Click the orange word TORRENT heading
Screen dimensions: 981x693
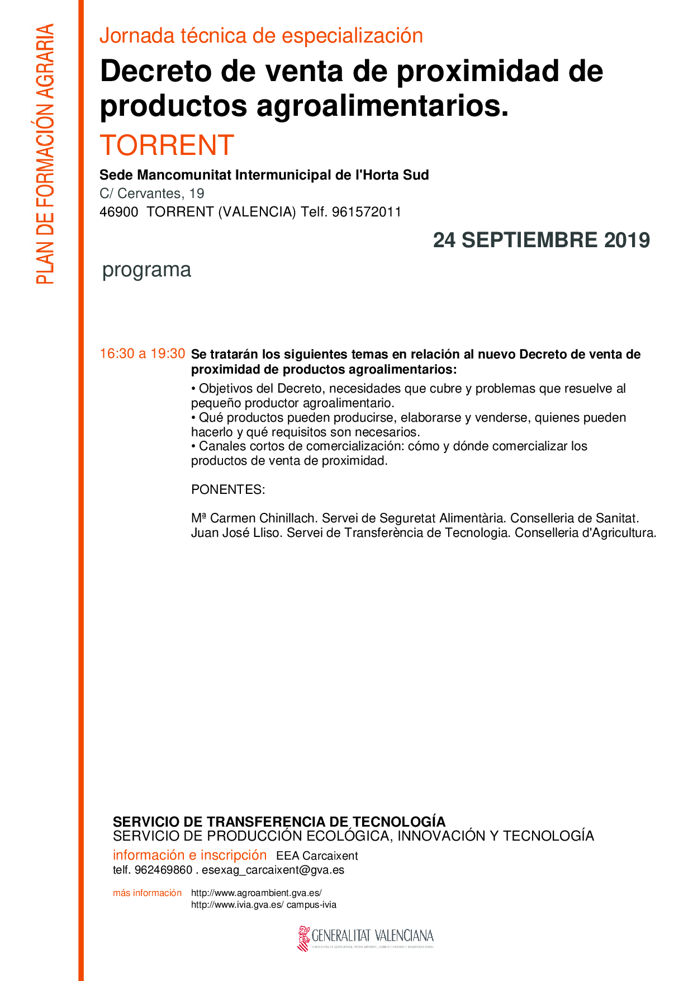(167, 145)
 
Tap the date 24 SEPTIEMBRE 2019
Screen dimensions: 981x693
(541, 240)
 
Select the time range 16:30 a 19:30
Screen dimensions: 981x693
(142, 353)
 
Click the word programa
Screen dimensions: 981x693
(146, 270)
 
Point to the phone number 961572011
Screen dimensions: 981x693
(367, 212)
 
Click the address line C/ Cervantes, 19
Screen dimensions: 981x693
(151, 194)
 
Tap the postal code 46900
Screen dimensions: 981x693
(118, 212)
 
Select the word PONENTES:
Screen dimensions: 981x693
(227, 489)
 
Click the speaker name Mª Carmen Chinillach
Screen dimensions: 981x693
(253, 518)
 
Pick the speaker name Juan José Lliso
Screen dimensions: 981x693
(235, 533)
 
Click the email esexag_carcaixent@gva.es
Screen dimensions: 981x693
(273, 870)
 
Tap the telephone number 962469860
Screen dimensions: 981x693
(163, 870)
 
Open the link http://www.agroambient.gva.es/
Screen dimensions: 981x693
(256, 893)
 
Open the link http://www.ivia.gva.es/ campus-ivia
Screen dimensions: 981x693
(263, 905)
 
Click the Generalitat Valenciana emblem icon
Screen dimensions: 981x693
(303, 938)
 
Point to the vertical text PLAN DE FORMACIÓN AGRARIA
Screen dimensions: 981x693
(45, 154)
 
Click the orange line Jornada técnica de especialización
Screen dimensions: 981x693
(261, 36)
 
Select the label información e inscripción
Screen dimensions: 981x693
(189, 855)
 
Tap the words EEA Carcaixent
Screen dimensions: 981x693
(317, 856)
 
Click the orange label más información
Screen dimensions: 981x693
(147, 893)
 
